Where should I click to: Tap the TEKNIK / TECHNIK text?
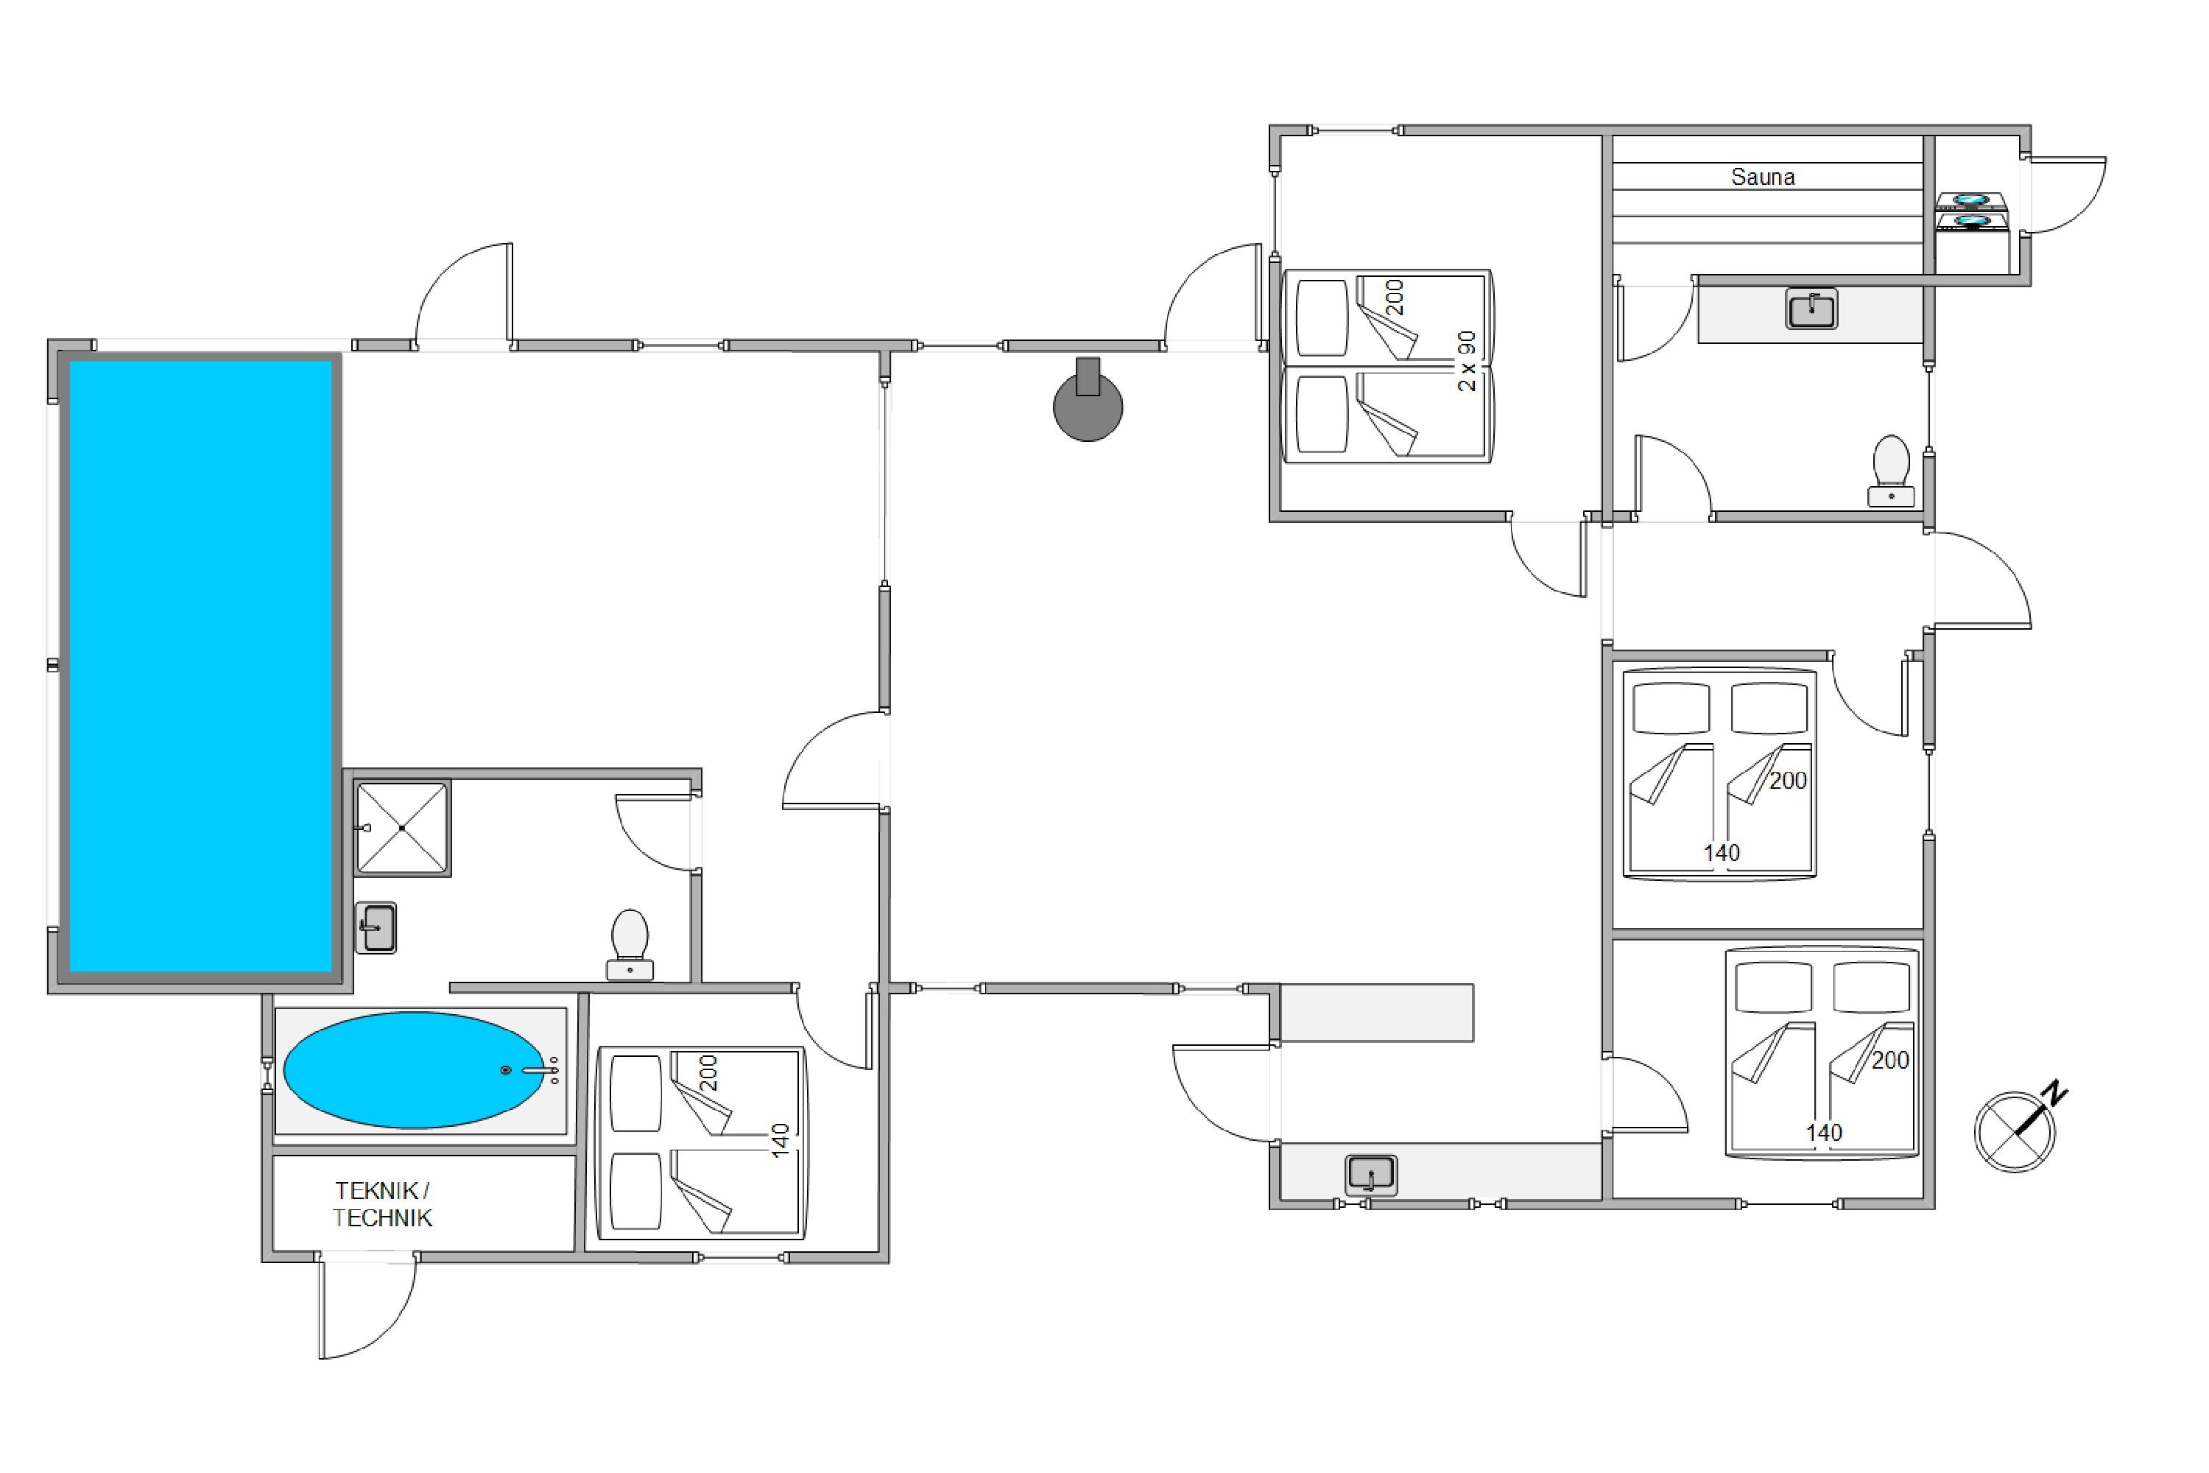click(382, 1204)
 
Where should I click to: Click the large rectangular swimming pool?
click(200, 667)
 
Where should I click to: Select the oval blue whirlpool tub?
click(414, 1069)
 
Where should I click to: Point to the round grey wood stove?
click(1088, 406)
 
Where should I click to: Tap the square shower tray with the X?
click(402, 828)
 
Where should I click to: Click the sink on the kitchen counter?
click(1370, 1174)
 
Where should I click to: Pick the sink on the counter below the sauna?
click(1811, 309)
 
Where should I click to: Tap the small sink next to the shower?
click(376, 927)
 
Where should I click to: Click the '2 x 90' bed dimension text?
click(1466, 361)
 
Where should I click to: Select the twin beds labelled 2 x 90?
click(1387, 366)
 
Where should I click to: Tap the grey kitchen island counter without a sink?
click(1376, 1013)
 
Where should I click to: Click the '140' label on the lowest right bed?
click(1824, 1133)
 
